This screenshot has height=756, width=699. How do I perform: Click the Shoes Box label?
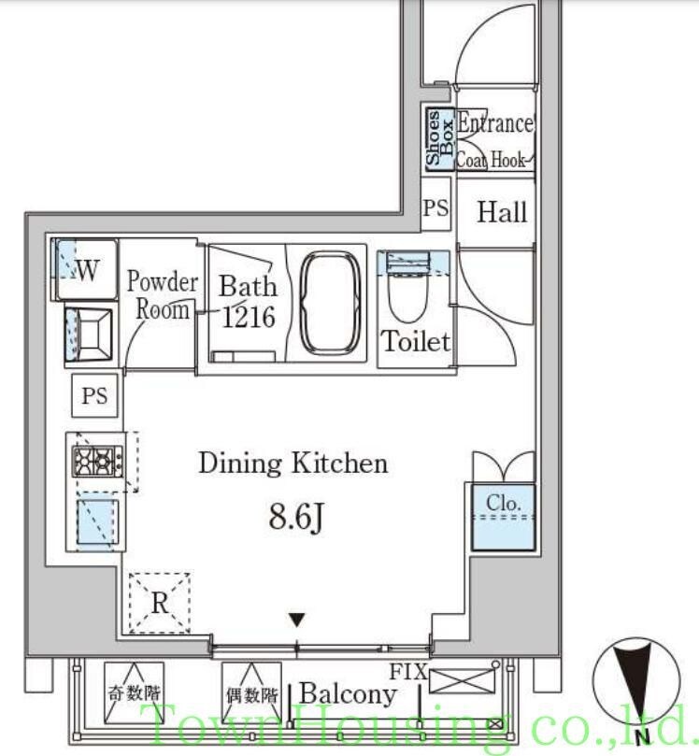click(439, 138)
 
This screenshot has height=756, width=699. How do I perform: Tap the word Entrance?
click(495, 123)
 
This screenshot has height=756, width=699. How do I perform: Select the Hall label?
click(502, 212)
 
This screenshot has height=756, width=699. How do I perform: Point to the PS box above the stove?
click(94, 395)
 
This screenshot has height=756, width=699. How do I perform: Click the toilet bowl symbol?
click(407, 295)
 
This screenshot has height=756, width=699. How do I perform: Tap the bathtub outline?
click(330, 303)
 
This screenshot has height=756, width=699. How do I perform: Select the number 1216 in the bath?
click(249, 317)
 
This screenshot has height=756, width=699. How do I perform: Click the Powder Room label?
click(163, 295)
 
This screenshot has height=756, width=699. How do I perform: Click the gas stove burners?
click(97, 461)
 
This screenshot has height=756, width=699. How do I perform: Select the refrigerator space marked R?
click(160, 603)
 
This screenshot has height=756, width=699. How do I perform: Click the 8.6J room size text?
click(296, 518)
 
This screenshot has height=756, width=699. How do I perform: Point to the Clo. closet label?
click(504, 503)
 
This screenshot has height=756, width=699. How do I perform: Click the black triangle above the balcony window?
click(297, 620)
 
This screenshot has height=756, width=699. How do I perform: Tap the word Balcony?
click(348, 694)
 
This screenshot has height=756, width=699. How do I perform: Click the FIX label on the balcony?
click(408, 672)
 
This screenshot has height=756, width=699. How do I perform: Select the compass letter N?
click(643, 737)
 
